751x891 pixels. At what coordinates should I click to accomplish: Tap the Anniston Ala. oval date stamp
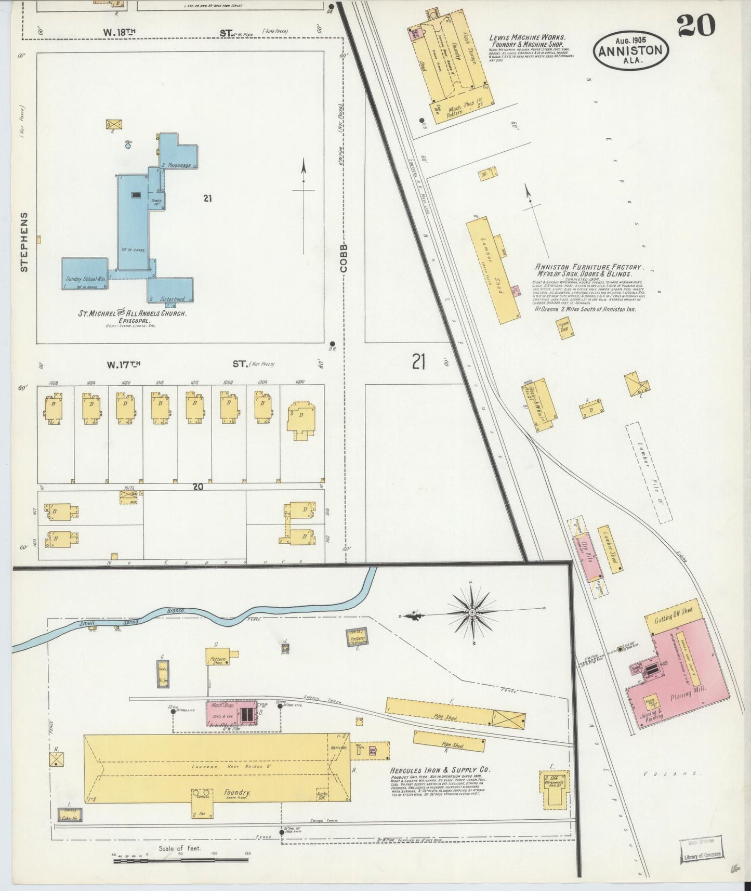(630, 51)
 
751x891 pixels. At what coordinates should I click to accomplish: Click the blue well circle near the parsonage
(128, 147)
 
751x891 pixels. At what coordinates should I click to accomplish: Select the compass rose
(471, 613)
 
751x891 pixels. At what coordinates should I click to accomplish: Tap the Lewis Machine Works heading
(526, 38)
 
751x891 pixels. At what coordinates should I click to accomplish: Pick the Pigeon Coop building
(564, 329)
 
